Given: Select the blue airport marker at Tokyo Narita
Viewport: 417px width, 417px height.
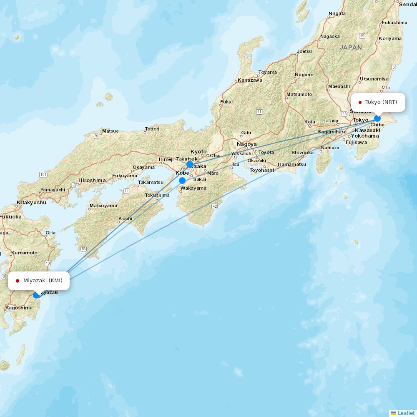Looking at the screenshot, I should tap(377, 118).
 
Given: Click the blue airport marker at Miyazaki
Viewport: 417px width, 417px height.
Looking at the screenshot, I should tap(36, 295).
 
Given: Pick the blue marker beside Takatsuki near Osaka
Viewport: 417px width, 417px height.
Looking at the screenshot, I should tap(190, 164).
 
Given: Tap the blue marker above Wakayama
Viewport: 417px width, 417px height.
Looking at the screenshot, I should tap(182, 181).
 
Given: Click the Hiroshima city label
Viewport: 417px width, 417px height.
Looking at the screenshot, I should tap(92, 181).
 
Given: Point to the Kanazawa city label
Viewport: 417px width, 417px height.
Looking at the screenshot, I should tap(250, 80).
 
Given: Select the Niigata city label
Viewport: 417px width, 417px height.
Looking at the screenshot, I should tap(337, 13).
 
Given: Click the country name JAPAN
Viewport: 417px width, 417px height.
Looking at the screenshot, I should tap(351, 48).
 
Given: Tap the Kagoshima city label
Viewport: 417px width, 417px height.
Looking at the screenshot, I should tap(19, 308).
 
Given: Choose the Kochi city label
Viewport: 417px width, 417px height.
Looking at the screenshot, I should tap(125, 219).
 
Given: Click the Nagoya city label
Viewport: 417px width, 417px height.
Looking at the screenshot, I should tap(247, 144).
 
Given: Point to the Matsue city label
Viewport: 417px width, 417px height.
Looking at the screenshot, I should tap(110, 131).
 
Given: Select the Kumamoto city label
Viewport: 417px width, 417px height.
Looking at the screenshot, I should tap(24, 253).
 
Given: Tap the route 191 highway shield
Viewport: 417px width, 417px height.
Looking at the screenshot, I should tap(43, 174).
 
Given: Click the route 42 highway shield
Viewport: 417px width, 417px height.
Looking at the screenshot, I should tap(214, 206).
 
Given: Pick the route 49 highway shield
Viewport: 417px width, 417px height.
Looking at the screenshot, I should tap(362, 36).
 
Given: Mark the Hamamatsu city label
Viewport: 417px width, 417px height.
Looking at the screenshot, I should tap(292, 164).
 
